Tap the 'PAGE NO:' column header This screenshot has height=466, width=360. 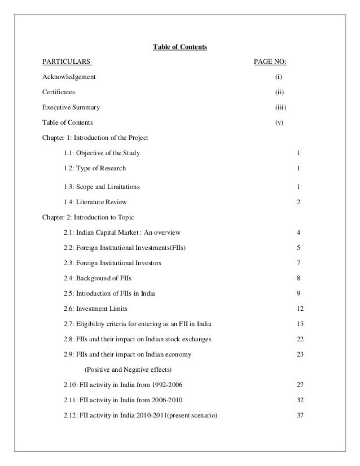(x=274, y=61)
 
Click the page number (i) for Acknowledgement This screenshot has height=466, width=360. (x=278, y=76)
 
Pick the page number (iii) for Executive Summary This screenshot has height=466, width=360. (x=278, y=107)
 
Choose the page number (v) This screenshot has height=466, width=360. (x=278, y=122)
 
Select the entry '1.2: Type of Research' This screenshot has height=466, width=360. (x=95, y=168)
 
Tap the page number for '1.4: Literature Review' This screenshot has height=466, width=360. (x=298, y=201)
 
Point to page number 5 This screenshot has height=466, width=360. (x=298, y=247)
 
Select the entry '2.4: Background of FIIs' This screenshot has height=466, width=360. (x=99, y=278)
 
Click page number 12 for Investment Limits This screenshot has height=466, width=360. (x=300, y=309)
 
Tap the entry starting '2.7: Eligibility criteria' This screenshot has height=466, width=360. (x=134, y=324)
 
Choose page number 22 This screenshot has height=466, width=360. (x=300, y=339)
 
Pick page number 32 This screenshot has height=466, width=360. (x=300, y=400)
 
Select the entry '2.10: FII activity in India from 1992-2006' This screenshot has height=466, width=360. (x=123, y=385)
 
